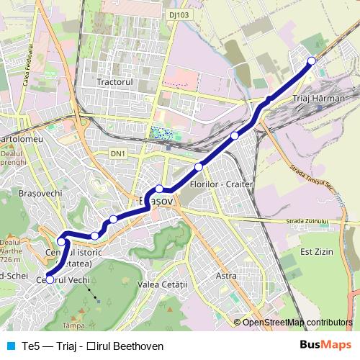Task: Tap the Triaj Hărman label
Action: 320,97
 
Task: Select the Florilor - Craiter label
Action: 221,184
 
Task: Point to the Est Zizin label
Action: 315,251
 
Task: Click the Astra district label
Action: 226,276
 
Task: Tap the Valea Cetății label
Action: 164,284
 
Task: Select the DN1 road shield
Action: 118,153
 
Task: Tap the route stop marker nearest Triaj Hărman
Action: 269,100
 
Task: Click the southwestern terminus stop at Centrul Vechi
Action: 50,279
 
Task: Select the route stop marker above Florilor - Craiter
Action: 199,167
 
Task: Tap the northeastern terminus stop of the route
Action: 311,60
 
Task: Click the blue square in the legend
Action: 10,346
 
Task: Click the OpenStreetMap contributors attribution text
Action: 297,323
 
